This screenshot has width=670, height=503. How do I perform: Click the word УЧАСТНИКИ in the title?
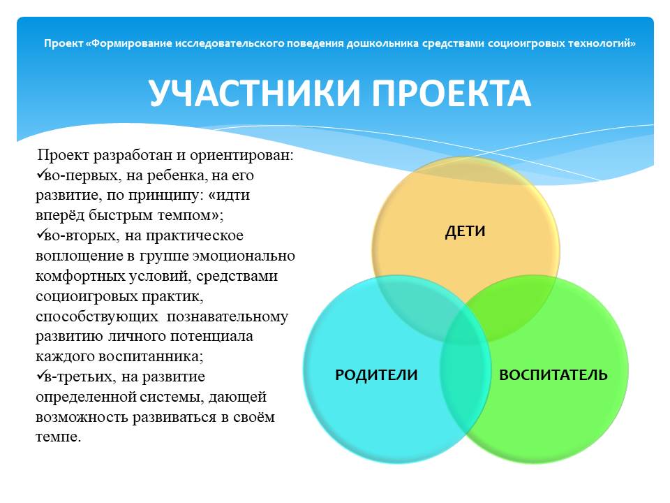click(255, 93)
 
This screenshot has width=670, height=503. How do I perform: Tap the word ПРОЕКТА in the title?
click(452, 93)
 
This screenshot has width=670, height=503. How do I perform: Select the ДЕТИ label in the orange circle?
click(466, 231)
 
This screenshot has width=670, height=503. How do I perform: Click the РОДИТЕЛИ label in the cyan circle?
click(376, 374)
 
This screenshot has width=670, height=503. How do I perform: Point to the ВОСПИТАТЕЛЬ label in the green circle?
click(553, 374)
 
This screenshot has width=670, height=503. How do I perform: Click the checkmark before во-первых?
click(40, 174)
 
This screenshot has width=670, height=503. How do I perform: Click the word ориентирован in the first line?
click(241, 156)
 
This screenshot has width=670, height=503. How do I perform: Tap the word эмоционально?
click(244, 256)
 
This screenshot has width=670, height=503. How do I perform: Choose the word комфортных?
click(80, 277)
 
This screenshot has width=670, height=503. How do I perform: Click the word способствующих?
click(97, 317)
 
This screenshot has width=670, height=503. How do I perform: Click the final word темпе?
click(59, 437)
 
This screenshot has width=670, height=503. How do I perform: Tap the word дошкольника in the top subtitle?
click(382, 43)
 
